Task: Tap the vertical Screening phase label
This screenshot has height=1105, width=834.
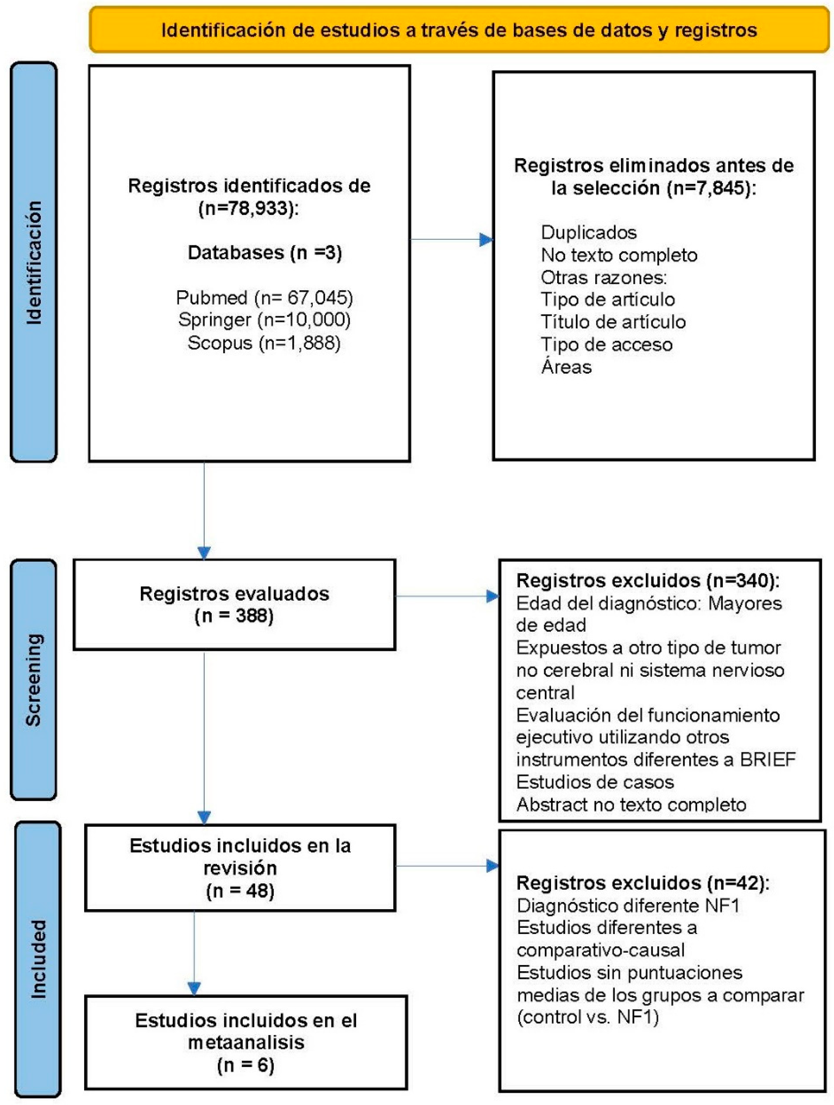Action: [x=34, y=679]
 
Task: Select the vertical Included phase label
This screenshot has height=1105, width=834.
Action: [x=37, y=959]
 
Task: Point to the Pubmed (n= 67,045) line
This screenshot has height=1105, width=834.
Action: [x=264, y=298]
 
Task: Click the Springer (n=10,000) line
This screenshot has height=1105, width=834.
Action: [x=264, y=320]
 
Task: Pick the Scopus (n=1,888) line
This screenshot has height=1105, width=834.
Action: [x=264, y=343]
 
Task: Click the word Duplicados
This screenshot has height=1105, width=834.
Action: [x=588, y=232]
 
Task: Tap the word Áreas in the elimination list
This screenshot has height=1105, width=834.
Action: [x=566, y=367]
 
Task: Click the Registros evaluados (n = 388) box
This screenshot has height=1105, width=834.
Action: [x=234, y=604]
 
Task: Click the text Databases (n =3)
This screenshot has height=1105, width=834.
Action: [x=264, y=253]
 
